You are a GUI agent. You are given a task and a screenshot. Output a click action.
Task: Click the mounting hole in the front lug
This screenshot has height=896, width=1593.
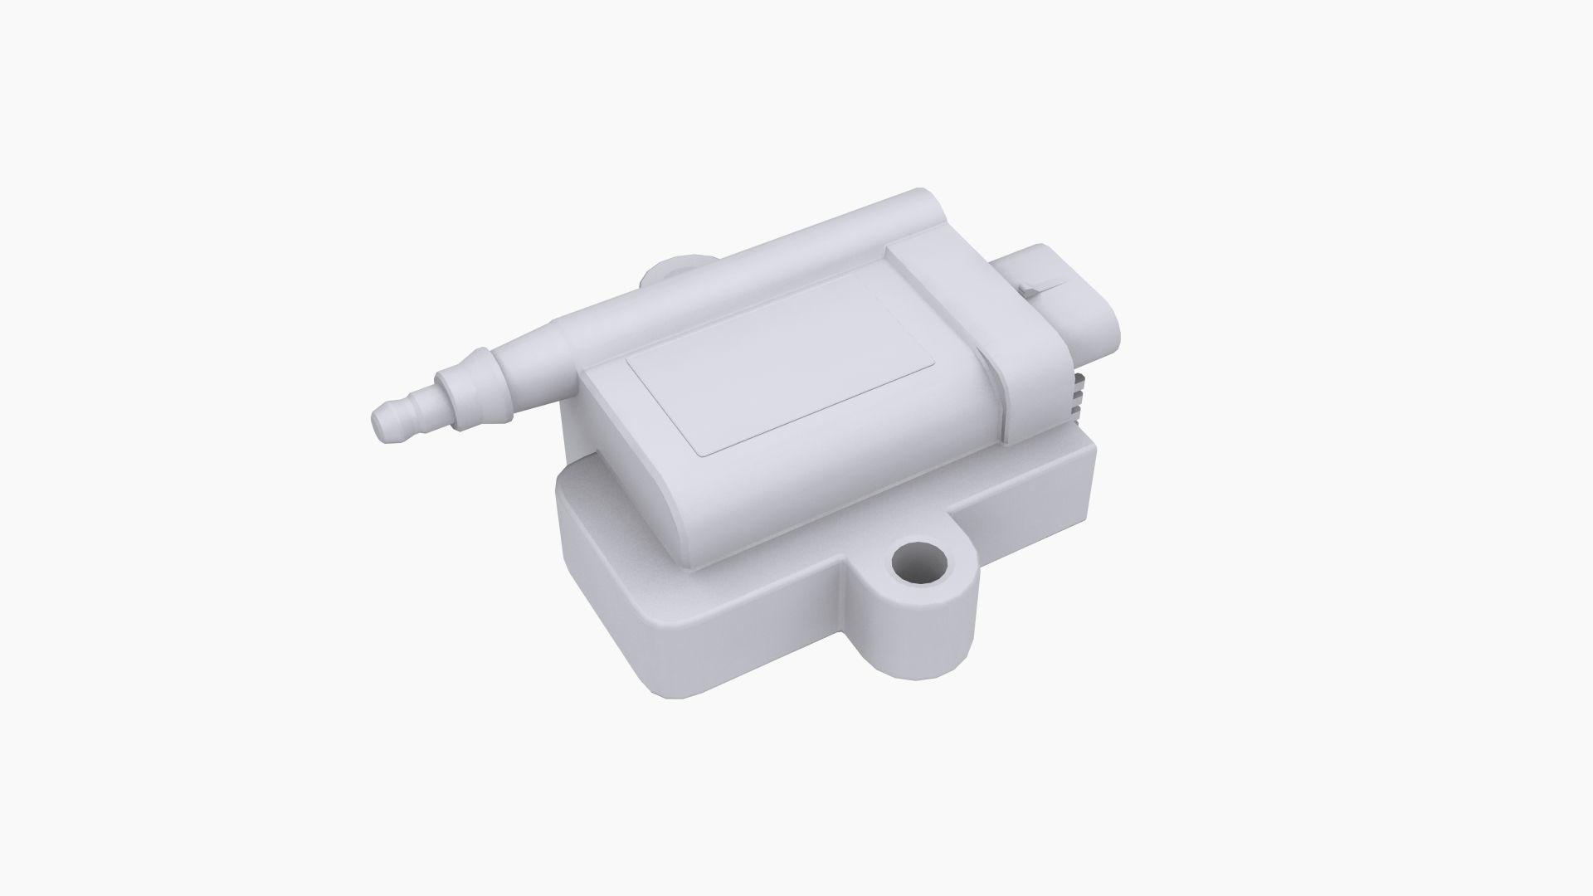(919, 566)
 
